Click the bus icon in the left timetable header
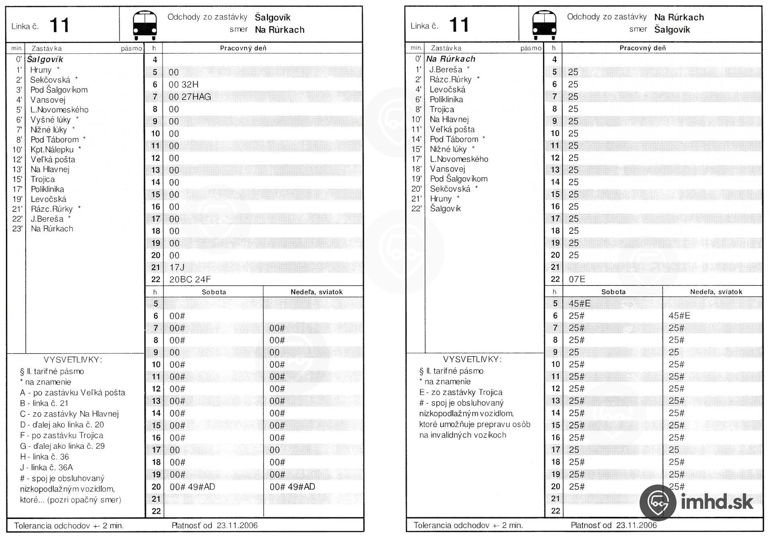click(145, 25)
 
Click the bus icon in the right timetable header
click(544, 25)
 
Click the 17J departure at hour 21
click(176, 267)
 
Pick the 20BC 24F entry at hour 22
click(190, 280)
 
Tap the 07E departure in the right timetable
click(577, 279)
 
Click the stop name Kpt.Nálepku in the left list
click(52, 150)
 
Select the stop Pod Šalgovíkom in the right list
click(458, 179)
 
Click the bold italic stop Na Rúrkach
click(450, 59)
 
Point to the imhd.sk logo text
click(717, 502)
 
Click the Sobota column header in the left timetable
click(214, 292)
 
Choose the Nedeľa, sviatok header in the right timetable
click(716, 292)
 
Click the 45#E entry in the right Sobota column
click(580, 304)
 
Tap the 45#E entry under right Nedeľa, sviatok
click(679, 316)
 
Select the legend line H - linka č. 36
click(45, 457)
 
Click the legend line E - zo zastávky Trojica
click(461, 392)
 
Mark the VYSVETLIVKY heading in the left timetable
click(73, 360)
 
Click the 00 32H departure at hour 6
click(183, 85)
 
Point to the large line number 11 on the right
click(459, 25)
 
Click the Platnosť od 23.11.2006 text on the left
click(215, 525)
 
